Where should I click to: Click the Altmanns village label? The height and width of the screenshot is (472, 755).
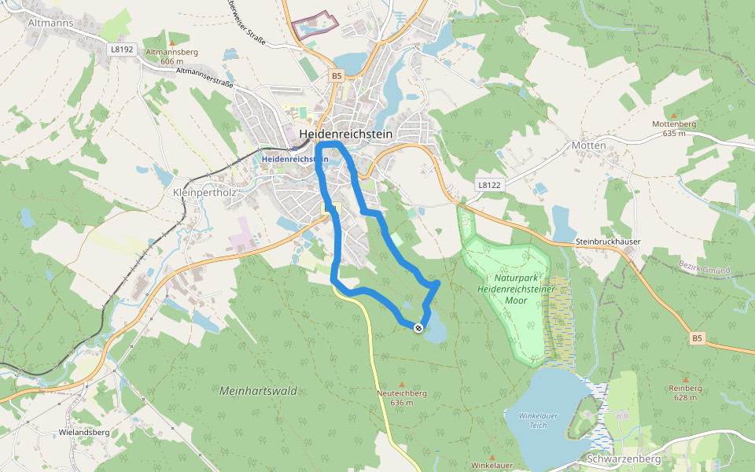tap(50, 23)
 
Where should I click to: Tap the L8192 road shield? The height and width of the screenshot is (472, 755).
tap(123, 49)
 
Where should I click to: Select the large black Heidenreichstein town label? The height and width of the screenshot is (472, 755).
tap(346, 135)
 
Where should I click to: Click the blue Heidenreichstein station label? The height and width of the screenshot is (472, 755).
tap(293, 159)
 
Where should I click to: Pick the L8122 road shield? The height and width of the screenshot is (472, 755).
tap(488, 184)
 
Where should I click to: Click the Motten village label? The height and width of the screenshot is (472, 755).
tap(589, 146)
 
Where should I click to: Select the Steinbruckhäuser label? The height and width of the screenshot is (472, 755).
tap(608, 241)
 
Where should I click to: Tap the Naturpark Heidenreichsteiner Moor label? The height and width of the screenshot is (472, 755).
tap(515, 289)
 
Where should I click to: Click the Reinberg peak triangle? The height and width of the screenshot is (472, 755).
tap(685, 379)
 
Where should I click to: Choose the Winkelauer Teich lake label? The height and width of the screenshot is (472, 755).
tap(538, 420)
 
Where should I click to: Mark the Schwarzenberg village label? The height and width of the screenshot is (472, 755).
tap(623, 458)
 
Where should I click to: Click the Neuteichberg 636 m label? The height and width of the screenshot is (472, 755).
tap(401, 397)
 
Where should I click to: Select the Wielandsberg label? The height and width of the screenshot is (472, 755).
tap(84, 432)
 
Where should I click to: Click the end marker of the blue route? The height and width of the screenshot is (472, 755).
tap(418, 327)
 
